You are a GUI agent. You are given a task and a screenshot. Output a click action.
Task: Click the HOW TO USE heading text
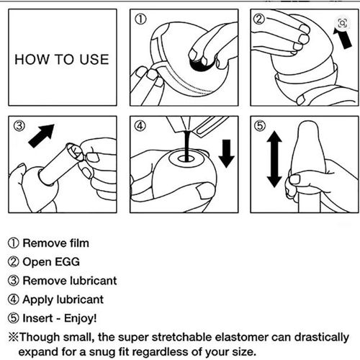(62, 59)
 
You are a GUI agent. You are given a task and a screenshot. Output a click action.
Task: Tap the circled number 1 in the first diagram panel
(141, 19)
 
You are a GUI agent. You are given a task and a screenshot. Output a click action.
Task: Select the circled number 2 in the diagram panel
(259, 19)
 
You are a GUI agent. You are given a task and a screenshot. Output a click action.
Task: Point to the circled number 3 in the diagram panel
(19, 126)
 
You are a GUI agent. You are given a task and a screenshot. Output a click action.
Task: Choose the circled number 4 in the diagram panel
(140, 126)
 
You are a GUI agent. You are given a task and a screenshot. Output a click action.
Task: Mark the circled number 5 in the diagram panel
(260, 125)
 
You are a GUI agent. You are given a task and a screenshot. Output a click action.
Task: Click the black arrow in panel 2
(342, 38)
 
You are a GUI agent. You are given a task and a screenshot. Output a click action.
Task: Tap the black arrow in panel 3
(41, 135)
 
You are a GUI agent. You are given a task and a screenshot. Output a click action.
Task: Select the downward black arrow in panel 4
(226, 153)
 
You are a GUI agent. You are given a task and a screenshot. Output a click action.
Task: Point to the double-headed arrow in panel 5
(274, 159)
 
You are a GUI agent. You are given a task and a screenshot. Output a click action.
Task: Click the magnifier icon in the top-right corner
(343, 23)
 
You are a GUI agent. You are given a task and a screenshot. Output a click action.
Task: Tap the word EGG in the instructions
(67, 261)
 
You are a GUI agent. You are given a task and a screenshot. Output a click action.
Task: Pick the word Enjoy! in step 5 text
(81, 318)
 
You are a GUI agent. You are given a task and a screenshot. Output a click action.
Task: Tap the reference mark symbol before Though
(14, 337)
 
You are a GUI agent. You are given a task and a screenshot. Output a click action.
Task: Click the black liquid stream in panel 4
(187, 145)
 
